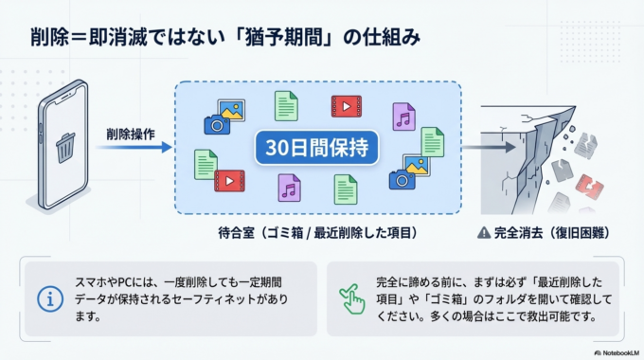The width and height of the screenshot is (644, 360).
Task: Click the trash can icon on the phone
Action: (65, 147)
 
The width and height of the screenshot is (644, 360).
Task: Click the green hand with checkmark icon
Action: (352, 299)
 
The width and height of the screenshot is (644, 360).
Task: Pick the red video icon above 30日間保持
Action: (347, 106)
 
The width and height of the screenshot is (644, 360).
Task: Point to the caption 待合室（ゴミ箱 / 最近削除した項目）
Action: (318, 232)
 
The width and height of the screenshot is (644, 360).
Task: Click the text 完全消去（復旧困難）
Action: (546, 232)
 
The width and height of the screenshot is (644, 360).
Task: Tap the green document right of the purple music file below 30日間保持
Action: (345, 189)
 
